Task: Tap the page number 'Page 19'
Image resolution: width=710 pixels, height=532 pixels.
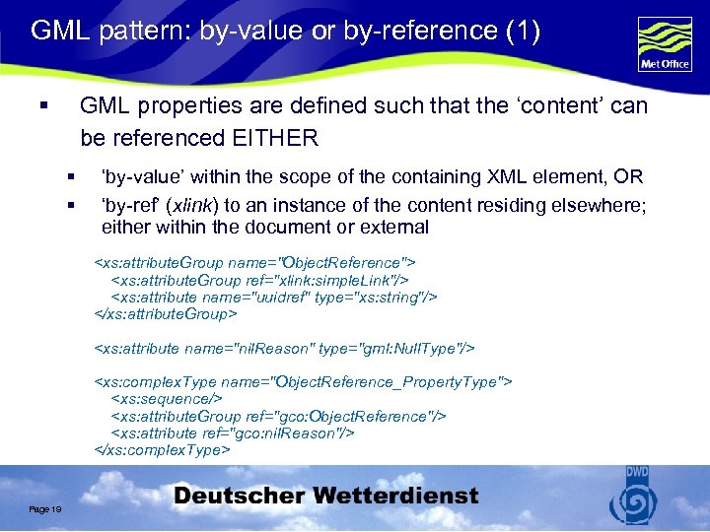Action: [x=45, y=508]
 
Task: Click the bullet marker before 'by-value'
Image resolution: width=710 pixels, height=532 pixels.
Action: [x=71, y=177]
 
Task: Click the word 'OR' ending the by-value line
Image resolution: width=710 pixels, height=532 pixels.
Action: [x=630, y=177]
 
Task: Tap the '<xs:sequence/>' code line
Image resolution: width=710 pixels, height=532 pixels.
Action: [x=167, y=399]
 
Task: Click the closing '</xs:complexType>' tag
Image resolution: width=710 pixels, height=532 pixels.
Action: [x=162, y=449]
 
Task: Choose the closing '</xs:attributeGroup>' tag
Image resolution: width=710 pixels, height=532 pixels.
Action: [x=166, y=313]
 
